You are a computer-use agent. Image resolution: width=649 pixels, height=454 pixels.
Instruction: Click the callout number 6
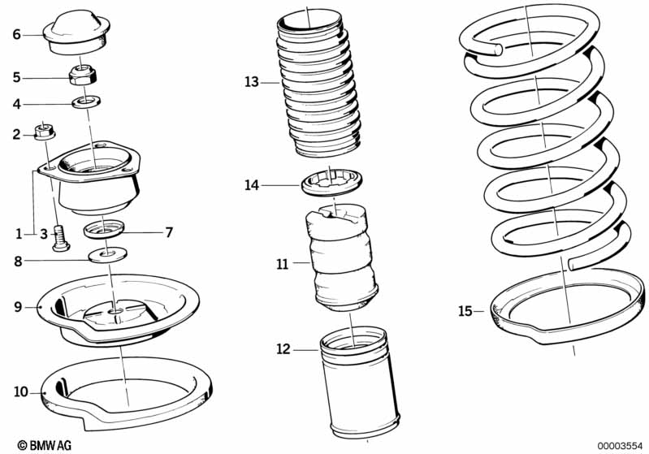click(x=16, y=34)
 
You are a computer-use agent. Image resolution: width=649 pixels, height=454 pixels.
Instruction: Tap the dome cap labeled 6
click(x=76, y=32)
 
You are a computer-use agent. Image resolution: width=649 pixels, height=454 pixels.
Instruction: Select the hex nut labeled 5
click(x=83, y=75)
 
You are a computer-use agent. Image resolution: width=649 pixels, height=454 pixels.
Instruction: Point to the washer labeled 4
click(x=86, y=101)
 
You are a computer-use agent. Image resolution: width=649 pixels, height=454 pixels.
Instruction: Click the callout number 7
click(x=168, y=232)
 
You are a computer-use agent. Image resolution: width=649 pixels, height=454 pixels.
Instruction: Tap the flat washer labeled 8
click(x=107, y=254)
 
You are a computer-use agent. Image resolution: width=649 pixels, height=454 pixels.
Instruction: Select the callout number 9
click(x=18, y=307)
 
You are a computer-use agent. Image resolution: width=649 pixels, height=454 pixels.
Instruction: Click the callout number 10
click(x=20, y=391)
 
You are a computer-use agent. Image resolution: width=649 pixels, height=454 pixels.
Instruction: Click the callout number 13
click(x=251, y=82)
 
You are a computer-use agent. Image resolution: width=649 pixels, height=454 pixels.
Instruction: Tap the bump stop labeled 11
click(x=342, y=257)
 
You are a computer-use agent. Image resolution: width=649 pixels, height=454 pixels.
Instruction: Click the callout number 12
click(x=283, y=349)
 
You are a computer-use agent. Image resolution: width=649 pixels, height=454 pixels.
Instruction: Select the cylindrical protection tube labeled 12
click(x=359, y=383)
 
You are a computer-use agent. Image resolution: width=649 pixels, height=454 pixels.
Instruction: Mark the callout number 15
click(x=465, y=310)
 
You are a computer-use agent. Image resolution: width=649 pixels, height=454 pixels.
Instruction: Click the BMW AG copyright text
click(x=45, y=445)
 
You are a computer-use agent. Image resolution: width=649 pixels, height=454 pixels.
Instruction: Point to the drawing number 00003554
click(x=620, y=446)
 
